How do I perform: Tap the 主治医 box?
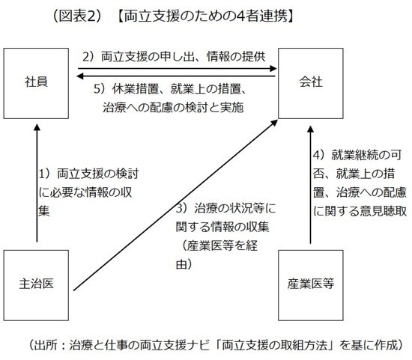click(36, 284)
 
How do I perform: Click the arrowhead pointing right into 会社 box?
click(274, 70)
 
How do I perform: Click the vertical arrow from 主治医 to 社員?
click(35, 187)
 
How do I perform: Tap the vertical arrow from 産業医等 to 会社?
click(309, 187)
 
